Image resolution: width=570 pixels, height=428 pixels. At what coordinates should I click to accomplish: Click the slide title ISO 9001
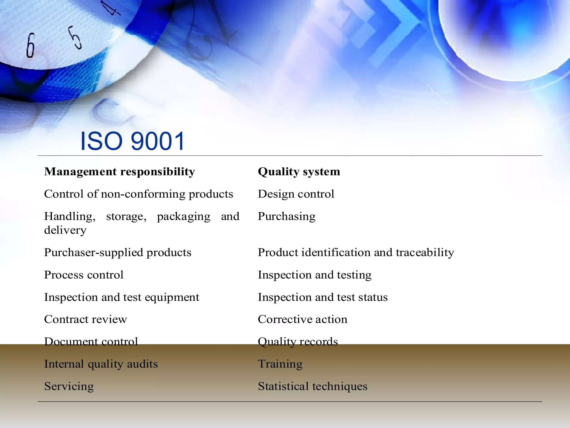(x=132, y=141)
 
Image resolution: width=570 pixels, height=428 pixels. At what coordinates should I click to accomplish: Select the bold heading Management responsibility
(x=120, y=171)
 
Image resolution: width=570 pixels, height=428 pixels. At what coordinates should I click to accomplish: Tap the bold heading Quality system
(x=299, y=171)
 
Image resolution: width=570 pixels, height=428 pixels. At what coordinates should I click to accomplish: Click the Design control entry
(x=296, y=194)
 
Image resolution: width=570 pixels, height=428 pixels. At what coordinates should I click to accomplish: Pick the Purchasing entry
(x=287, y=216)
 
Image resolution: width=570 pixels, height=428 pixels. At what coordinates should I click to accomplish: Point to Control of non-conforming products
(x=139, y=194)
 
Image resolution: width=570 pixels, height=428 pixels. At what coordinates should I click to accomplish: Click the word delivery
(x=65, y=230)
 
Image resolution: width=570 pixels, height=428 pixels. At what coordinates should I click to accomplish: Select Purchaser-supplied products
(x=118, y=252)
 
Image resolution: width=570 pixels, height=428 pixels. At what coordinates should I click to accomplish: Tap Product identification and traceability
(x=356, y=252)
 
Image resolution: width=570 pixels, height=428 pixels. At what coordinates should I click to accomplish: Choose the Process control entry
(x=84, y=275)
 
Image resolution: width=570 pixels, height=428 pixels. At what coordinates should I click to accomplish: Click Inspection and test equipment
(x=122, y=297)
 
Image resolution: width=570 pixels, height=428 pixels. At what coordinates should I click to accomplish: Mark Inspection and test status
(x=323, y=297)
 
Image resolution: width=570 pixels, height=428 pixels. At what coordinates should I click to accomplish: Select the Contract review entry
(x=85, y=319)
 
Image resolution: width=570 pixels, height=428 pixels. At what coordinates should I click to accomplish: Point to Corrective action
(x=303, y=319)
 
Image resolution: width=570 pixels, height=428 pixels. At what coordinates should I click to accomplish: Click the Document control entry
(x=91, y=342)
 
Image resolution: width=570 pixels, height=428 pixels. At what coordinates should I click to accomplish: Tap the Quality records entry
(x=298, y=342)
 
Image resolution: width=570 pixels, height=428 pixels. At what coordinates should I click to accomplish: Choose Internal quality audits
(x=101, y=364)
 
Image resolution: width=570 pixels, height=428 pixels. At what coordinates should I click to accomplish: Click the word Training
(x=280, y=364)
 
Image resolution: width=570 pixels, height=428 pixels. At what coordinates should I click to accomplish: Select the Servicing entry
(x=69, y=386)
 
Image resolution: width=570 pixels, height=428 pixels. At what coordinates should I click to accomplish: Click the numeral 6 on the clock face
(x=31, y=45)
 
